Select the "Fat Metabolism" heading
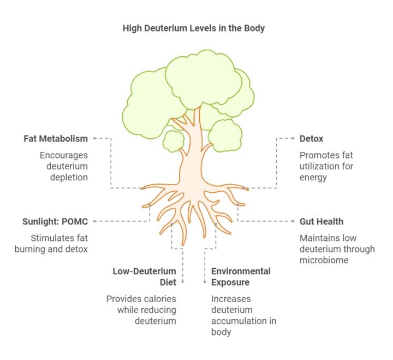point(56,139)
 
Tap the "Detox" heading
point(311,139)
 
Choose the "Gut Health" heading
point(321,221)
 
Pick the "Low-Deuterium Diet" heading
point(144,276)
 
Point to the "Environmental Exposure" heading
point(241,276)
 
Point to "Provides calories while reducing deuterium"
point(141,310)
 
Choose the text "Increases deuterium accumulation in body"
point(243,315)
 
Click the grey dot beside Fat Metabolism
point(94,139)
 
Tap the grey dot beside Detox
point(293,139)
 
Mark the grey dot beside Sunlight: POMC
point(94,221)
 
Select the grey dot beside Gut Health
point(293,221)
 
